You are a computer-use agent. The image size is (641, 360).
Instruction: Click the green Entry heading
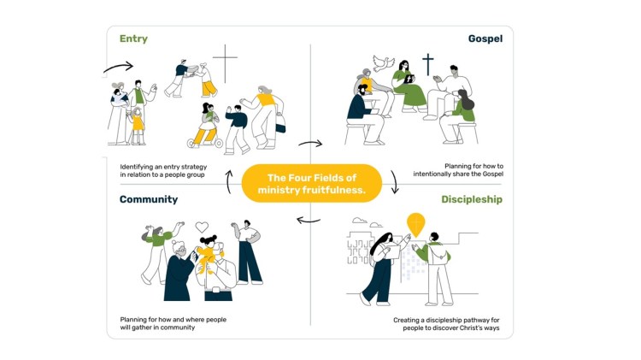coord(133,38)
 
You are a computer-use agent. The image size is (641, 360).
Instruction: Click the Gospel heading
coord(485,38)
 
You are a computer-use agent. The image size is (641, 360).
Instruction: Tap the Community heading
coord(149,199)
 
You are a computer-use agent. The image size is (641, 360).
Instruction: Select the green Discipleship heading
coord(471,199)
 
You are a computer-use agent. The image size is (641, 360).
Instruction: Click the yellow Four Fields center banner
coord(311,184)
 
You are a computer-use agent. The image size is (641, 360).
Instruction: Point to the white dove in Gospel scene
coord(384,63)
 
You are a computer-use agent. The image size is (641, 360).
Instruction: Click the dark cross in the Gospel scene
coord(428,65)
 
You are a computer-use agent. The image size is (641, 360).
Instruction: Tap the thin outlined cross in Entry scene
coord(225,63)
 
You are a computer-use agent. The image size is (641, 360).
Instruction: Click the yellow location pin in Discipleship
coord(415,224)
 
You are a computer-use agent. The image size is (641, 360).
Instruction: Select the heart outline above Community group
coord(202,227)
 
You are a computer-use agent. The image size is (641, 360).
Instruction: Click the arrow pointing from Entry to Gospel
coord(310,144)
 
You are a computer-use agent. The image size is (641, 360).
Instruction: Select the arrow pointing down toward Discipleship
coord(395,181)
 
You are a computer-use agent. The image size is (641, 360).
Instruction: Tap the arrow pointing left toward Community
coord(309,221)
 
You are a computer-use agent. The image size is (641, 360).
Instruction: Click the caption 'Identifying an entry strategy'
coord(163,167)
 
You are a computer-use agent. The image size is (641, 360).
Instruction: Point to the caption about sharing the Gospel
coord(458,170)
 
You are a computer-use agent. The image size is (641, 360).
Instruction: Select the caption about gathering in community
coord(173,323)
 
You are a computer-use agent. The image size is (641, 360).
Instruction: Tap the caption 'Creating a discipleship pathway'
coord(446,321)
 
